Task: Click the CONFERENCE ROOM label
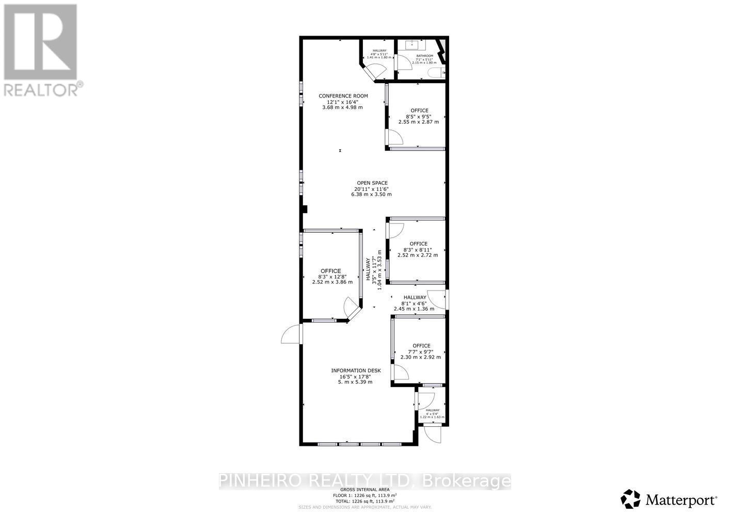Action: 343,96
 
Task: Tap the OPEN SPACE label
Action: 372,183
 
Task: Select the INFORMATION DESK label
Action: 356,370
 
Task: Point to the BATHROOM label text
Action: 424,56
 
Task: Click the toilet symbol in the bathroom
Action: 438,73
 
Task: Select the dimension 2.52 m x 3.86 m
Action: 332,282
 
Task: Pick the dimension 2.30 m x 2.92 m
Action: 421,357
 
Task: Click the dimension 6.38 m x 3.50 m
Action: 372,195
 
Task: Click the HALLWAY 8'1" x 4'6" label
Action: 415,298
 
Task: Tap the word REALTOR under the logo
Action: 40,90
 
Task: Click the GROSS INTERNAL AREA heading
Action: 364,490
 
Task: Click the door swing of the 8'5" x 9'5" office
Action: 395,137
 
